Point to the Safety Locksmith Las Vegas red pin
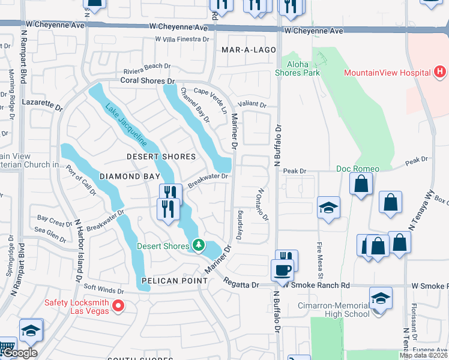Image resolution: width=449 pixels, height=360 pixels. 118,306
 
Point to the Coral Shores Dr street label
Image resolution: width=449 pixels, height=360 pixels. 147,80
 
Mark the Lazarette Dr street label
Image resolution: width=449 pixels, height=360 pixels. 43,105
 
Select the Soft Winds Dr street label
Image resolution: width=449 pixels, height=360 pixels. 103,289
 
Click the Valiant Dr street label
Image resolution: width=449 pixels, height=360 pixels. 252,104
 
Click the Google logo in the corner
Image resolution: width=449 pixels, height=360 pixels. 19,353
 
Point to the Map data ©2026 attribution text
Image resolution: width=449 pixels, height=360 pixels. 424,355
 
